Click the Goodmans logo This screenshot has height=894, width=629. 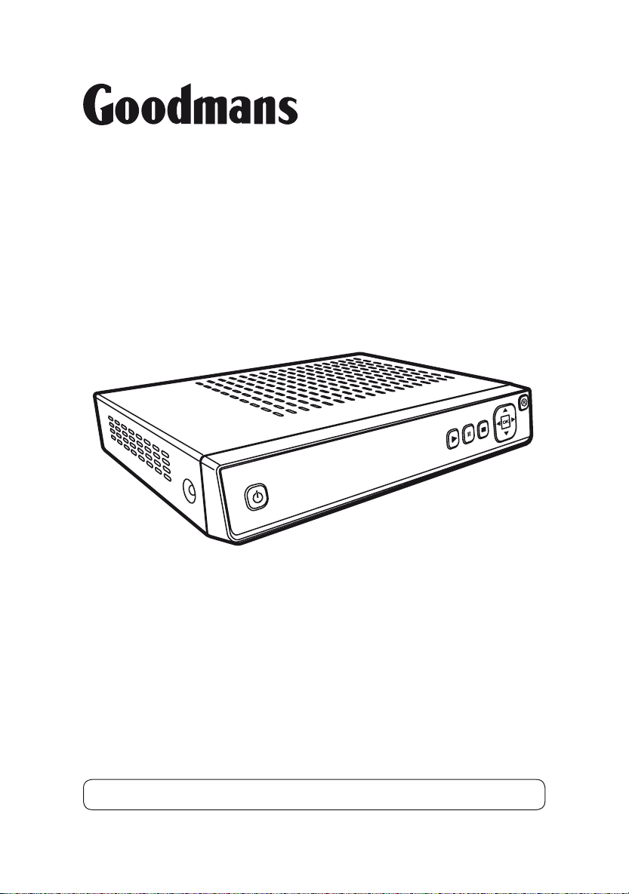click(x=190, y=105)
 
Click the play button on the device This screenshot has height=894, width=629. click(x=452, y=438)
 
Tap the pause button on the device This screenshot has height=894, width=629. click(x=468, y=434)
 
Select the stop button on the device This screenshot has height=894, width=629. click(x=483, y=429)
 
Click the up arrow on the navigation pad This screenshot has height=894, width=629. click(x=504, y=410)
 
